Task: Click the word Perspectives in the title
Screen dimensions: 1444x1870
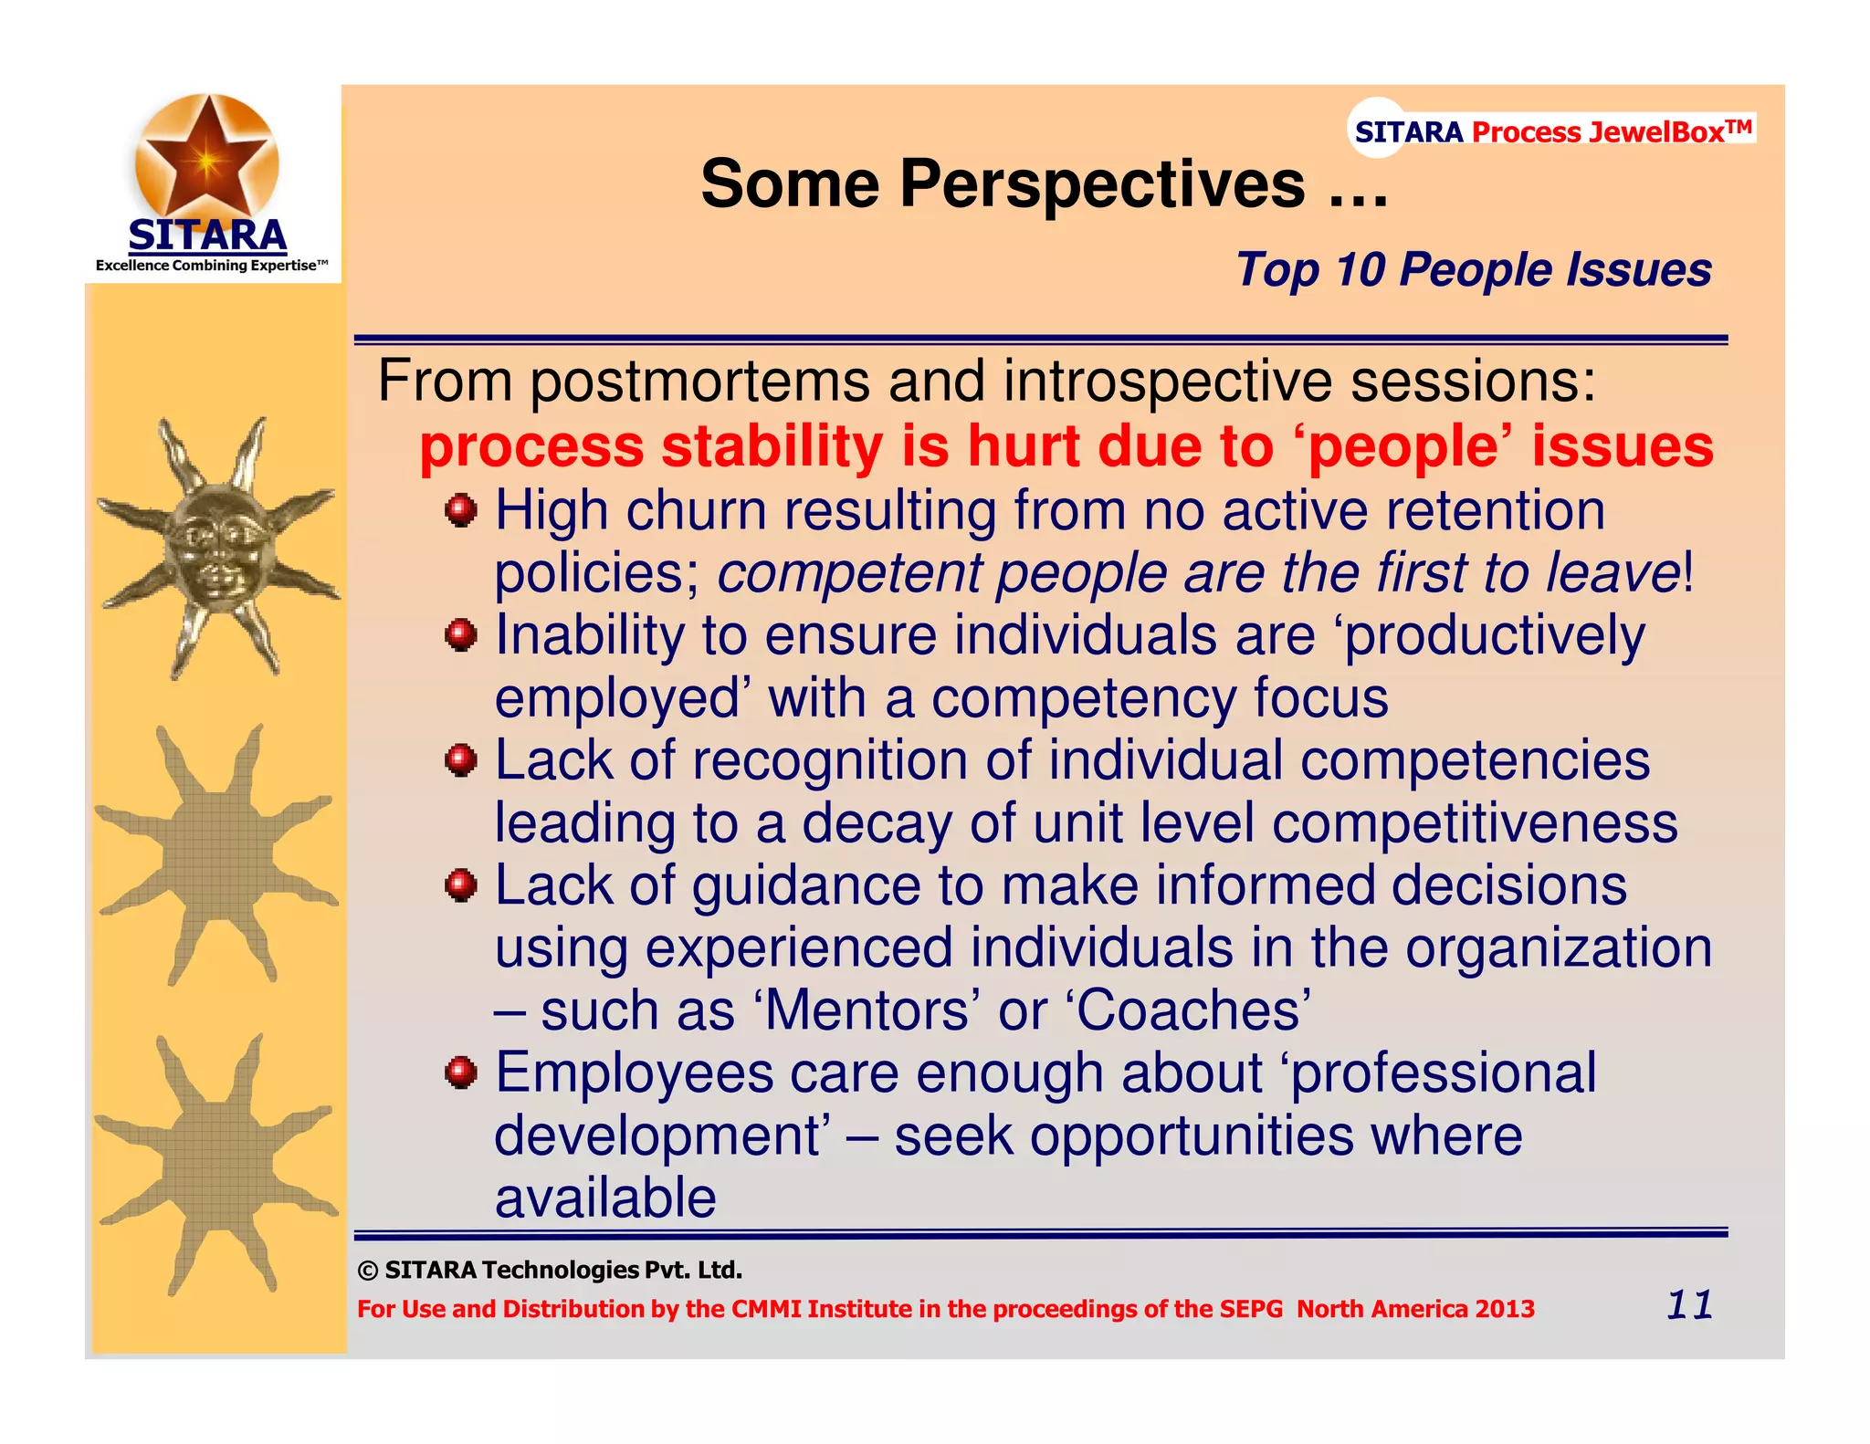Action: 1102,184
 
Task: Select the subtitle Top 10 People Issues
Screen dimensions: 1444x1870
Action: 1473,270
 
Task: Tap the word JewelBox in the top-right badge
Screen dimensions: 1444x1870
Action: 1655,132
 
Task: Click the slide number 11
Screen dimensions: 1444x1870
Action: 1688,1304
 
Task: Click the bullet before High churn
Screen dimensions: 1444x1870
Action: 461,510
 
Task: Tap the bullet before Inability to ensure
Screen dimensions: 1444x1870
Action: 461,635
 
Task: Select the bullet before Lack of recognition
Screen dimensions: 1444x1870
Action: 461,760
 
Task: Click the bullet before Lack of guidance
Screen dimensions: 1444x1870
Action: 461,885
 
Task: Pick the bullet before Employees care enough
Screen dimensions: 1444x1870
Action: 461,1073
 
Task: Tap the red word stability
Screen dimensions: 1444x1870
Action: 772,446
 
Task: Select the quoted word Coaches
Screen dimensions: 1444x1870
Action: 1193,1011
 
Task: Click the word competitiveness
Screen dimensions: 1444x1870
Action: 1474,823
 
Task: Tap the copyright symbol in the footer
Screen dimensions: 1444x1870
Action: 368,1271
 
